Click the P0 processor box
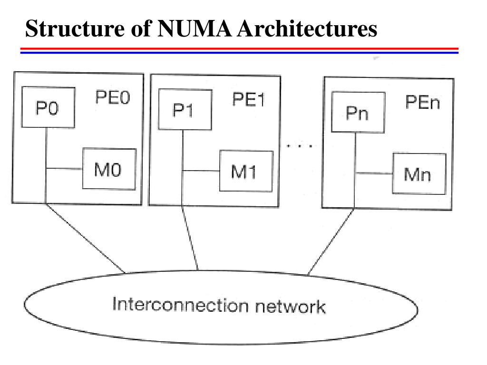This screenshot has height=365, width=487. pyautogui.click(x=48, y=107)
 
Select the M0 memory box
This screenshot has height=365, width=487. pyautogui.click(x=109, y=169)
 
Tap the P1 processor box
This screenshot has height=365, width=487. pyautogui.click(x=185, y=110)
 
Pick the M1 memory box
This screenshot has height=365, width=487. pyautogui.click(x=246, y=171)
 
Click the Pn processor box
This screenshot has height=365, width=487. pyautogui.click(x=358, y=112)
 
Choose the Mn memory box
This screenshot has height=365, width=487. pyautogui.click(x=419, y=173)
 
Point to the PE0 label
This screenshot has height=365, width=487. pyautogui.click(x=112, y=97)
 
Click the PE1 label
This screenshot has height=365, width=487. pyautogui.click(x=248, y=100)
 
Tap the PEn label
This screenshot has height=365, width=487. pyautogui.click(x=423, y=102)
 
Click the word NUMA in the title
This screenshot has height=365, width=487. pyautogui.click(x=195, y=29)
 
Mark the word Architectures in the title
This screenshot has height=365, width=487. pyautogui.click(x=307, y=29)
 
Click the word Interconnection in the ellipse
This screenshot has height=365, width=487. pyautogui.click(x=180, y=305)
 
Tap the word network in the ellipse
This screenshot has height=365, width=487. pyautogui.click(x=291, y=307)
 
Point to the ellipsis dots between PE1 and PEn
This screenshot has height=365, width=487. pyautogui.click(x=300, y=145)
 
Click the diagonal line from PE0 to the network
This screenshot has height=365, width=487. pyautogui.click(x=85, y=238)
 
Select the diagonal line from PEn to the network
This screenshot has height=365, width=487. pyautogui.click(x=331, y=242)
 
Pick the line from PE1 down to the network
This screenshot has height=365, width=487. pyautogui.click(x=190, y=238)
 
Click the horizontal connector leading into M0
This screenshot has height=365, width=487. pyautogui.click(x=64, y=169)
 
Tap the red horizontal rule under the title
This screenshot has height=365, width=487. pyautogui.click(x=240, y=49)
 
